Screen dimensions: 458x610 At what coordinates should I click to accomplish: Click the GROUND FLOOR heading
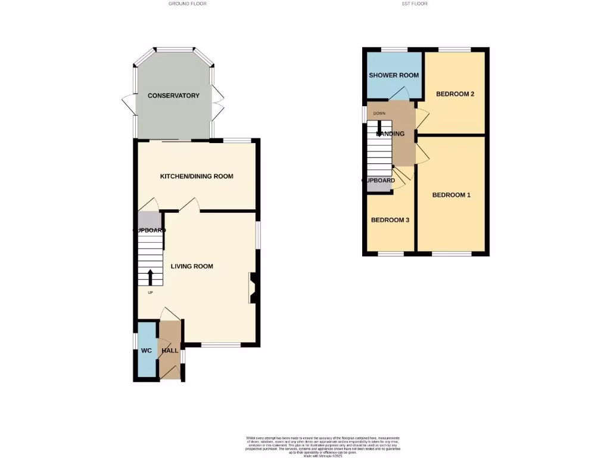pyautogui.click(x=188, y=4)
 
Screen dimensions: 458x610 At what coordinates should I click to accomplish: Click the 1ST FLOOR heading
pyautogui.click(x=415, y=4)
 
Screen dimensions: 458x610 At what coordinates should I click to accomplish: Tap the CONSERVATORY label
pyautogui.click(x=173, y=95)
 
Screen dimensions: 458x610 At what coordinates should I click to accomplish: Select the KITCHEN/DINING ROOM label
pyautogui.click(x=197, y=176)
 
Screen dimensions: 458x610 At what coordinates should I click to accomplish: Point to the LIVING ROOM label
pyautogui.click(x=192, y=266)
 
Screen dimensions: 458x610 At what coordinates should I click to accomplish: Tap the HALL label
pyautogui.click(x=170, y=351)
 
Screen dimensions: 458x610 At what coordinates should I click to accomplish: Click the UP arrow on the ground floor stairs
pyautogui.click(x=150, y=277)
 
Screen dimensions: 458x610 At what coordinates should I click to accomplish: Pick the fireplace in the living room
pyautogui.click(x=253, y=287)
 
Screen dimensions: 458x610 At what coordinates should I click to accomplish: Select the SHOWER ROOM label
pyautogui.click(x=394, y=75)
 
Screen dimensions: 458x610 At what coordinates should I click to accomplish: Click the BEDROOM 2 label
pyautogui.click(x=455, y=94)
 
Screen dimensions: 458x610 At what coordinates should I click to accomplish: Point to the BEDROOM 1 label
pyautogui.click(x=452, y=195)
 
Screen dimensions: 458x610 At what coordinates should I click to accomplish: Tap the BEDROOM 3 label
pyautogui.click(x=390, y=219)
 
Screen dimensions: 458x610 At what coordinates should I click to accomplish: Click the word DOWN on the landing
pyautogui.click(x=379, y=113)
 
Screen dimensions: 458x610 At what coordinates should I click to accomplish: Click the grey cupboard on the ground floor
pyautogui.click(x=149, y=222)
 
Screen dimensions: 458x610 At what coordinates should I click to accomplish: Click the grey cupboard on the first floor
pyautogui.click(x=379, y=184)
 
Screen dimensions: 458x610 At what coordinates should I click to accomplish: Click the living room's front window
pyautogui.click(x=221, y=345)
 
